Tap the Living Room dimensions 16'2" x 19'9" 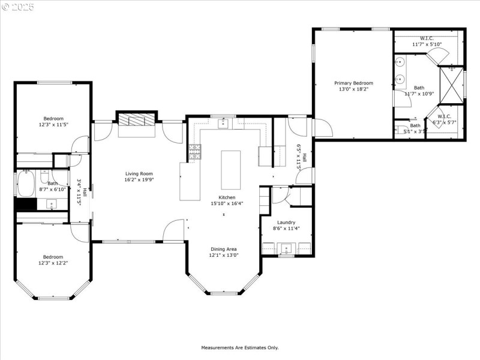click(139, 179)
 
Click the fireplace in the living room click(136, 120)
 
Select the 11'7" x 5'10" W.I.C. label click(427, 41)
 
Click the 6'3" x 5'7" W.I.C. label click(444, 119)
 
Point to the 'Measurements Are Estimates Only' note click(239, 347)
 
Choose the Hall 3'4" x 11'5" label click(82, 192)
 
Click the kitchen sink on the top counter click(223, 124)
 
